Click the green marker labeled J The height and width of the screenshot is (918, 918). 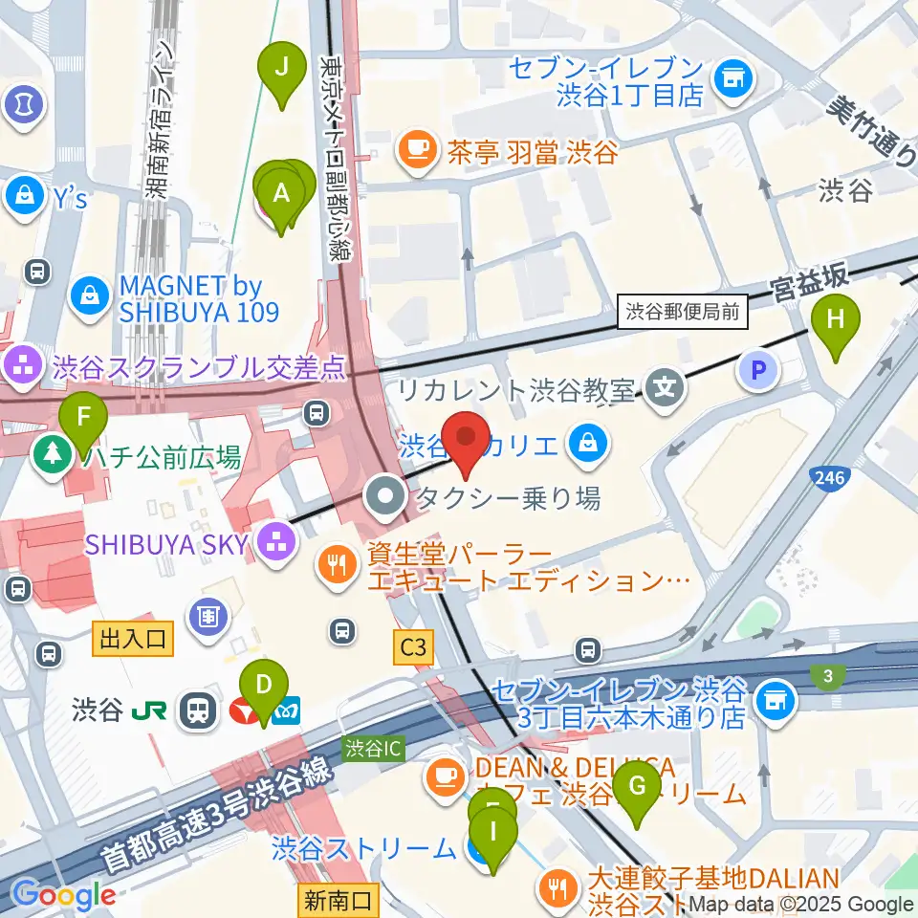click(x=281, y=69)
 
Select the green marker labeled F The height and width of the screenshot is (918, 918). click(x=83, y=419)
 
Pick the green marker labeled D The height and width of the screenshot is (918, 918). click(x=264, y=686)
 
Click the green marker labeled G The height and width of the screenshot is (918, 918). click(x=638, y=789)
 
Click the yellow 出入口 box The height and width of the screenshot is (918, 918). click(x=133, y=639)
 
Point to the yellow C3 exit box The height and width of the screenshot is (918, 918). click(x=413, y=648)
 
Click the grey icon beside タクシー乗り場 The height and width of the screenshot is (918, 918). click(x=387, y=496)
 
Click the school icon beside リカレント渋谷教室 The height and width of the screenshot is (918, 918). click(x=661, y=388)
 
